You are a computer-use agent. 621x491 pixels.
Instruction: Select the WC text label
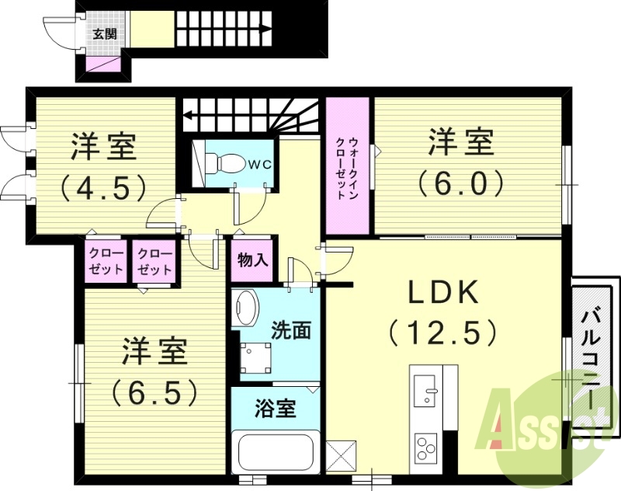coord(258,165)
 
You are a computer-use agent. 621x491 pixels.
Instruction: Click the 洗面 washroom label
coord(291,329)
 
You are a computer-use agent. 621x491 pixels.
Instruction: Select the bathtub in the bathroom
coord(276,454)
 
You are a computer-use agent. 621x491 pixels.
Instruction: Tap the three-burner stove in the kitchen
coord(425,447)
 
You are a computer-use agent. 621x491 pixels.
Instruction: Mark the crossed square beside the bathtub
coord(342,454)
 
